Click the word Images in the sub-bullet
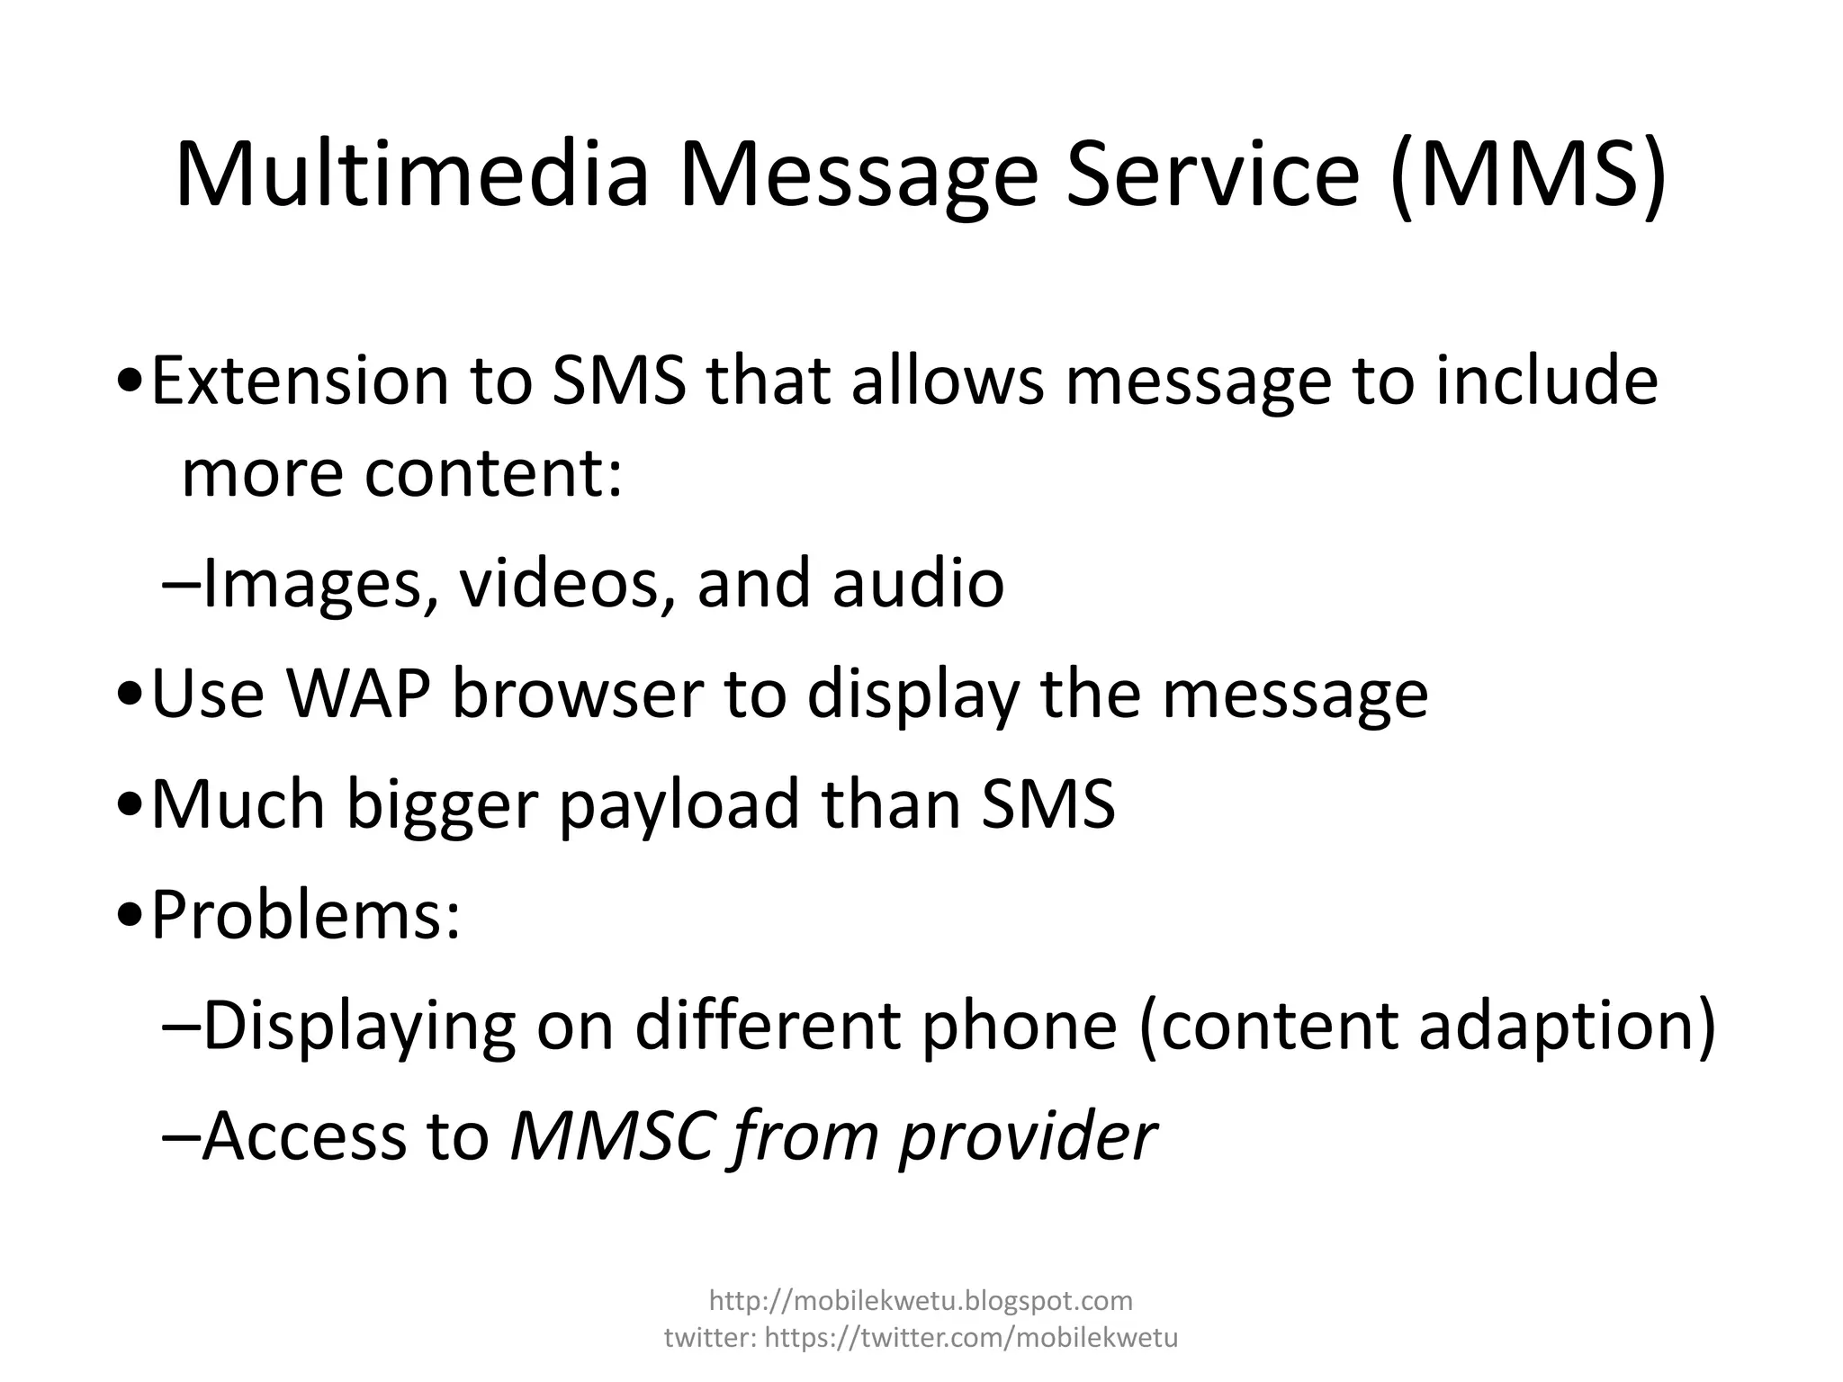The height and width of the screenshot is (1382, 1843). tap(313, 583)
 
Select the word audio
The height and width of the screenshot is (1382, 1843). tap(918, 583)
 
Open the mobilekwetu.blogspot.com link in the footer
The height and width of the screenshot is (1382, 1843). tap(921, 1299)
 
